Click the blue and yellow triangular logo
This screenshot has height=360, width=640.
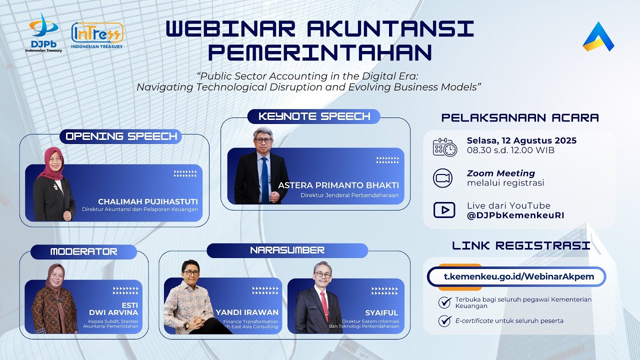coord(598,37)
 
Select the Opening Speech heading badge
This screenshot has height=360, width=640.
coord(121,136)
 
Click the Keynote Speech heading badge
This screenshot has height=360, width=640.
coord(314,116)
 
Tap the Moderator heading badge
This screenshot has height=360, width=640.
coord(83,251)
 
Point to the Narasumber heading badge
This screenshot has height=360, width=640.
coord(287,250)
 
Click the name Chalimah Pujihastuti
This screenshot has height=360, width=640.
coord(148,201)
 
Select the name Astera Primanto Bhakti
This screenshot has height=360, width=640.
coord(338,185)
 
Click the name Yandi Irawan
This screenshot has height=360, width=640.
coord(247,312)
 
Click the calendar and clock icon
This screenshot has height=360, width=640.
coord(444,147)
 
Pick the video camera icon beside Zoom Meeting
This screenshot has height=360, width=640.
coord(443,178)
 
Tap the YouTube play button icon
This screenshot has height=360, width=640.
coord(444,210)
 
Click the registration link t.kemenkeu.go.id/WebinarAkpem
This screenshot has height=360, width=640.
coord(516,276)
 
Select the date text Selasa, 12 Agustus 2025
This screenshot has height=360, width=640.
coord(521,140)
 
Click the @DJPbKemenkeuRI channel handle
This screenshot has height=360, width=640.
coord(515,215)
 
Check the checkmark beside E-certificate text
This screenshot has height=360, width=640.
coord(444,320)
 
